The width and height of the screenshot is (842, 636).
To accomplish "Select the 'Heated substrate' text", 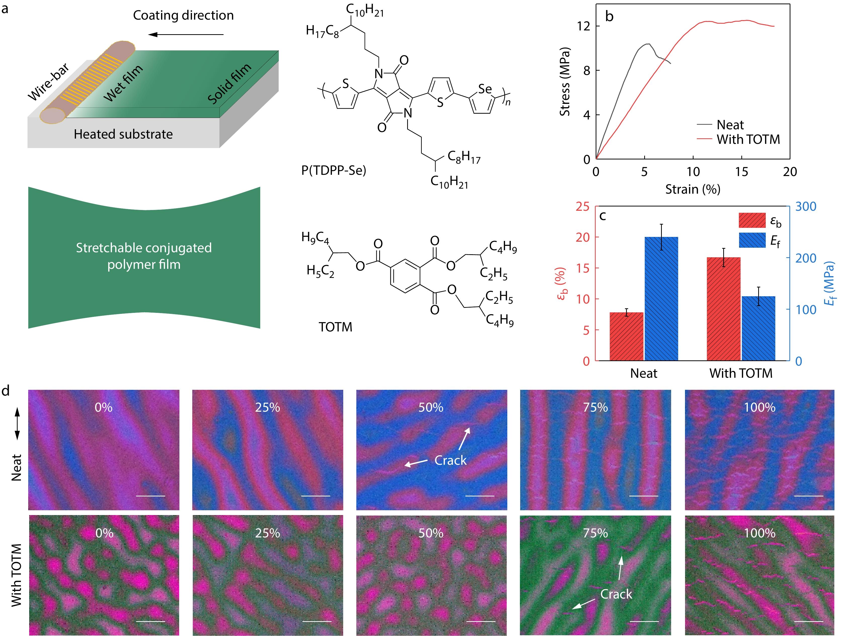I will coord(123,134).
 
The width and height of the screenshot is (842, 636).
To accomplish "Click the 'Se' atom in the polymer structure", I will coord(485,89).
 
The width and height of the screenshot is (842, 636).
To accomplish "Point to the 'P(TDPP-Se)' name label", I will coord(333,171).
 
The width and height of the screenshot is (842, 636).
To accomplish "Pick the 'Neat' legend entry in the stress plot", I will coord(730,125).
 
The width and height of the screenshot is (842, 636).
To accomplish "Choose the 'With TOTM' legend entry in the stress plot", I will coord(748,140).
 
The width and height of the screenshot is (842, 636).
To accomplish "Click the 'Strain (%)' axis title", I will coord(693,189).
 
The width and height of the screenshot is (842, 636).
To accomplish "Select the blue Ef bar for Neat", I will coord(661,299).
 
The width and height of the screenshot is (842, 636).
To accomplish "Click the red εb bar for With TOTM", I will coord(723,309).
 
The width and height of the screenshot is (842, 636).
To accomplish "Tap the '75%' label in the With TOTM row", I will coord(595,533).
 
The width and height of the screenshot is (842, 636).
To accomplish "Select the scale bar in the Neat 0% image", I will coord(150,496).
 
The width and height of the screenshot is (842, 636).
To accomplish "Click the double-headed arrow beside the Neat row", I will coord(17,423).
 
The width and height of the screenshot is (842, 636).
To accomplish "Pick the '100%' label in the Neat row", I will coord(759,407).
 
